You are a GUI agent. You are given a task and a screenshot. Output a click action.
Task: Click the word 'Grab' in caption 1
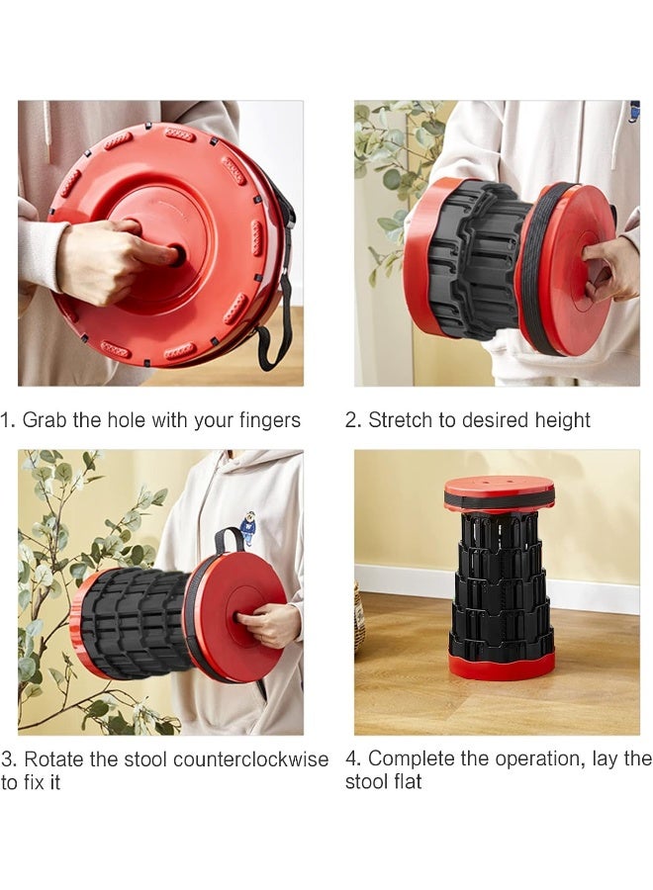pos(44,420)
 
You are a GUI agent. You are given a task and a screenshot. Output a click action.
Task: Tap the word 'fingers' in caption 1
pos(268,420)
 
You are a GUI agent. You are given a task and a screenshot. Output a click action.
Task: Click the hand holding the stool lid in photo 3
pos(268,625)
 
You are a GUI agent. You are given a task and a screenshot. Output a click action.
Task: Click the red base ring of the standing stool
pos(501,667)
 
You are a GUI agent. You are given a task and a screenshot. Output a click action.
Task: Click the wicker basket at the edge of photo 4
pos(359,618)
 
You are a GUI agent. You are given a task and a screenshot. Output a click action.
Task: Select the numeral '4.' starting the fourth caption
pos(353,758)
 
